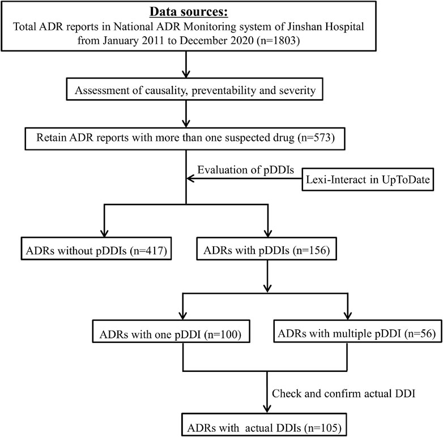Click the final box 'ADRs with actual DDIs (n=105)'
[x=263, y=422]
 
